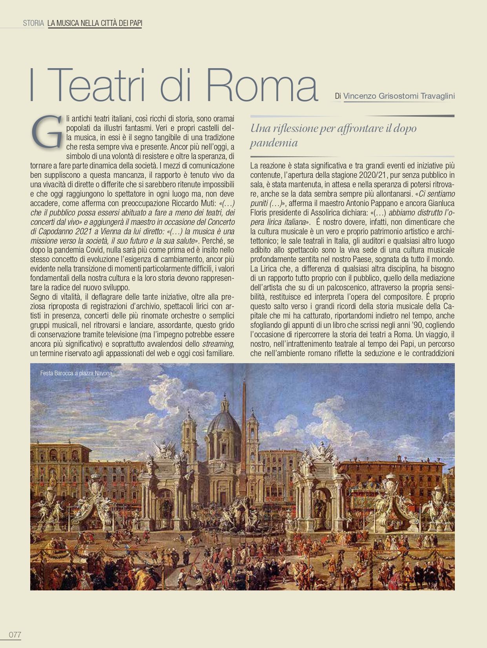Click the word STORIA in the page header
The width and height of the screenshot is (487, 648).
[33, 23]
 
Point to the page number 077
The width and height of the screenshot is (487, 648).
[15, 635]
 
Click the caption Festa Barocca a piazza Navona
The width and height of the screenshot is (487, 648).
[76, 373]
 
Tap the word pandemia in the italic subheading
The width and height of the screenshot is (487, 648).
[274, 143]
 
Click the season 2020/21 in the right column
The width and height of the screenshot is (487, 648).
[373, 175]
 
